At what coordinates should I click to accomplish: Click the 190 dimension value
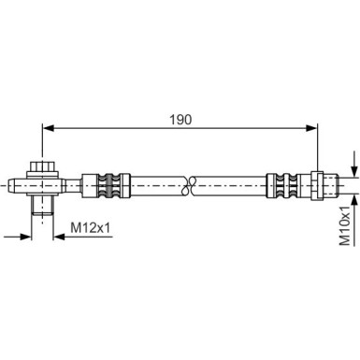pos(182,119)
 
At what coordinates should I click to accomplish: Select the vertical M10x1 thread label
pos(345,224)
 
